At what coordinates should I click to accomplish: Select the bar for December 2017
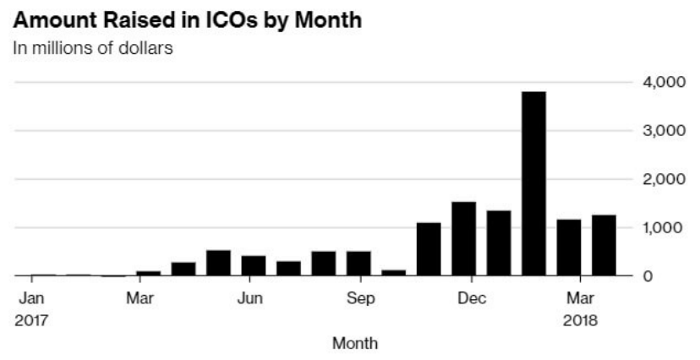(463, 239)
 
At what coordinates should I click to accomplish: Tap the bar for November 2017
(429, 249)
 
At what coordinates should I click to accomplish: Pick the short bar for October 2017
(394, 272)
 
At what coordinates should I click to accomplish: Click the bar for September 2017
(358, 264)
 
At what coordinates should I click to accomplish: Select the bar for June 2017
(254, 265)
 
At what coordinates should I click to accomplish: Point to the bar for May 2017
(218, 263)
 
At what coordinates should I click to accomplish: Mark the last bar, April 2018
(604, 245)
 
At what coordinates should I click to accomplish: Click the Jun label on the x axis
(250, 297)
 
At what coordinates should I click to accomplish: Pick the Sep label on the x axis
(361, 297)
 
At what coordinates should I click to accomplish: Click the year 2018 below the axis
(579, 320)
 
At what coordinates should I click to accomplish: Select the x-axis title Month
(355, 343)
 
